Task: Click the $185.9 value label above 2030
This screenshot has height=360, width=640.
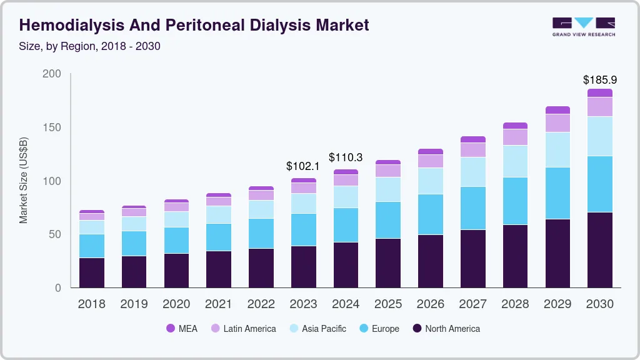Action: (599, 80)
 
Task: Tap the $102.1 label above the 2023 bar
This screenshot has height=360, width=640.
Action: (303, 166)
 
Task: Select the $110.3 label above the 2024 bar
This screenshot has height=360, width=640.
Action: (346, 157)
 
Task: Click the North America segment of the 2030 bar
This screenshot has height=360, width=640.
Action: (599, 250)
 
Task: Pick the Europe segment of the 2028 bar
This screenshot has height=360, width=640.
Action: (515, 201)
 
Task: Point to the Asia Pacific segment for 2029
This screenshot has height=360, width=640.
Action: (557, 149)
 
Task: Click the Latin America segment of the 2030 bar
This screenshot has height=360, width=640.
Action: (599, 107)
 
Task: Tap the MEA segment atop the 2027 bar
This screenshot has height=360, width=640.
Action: (472, 139)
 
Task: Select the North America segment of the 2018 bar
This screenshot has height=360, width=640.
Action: (92, 272)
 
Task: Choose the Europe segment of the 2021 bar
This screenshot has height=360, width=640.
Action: (219, 237)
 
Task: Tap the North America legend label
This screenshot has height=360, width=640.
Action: (452, 328)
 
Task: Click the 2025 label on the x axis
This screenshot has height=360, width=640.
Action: (388, 304)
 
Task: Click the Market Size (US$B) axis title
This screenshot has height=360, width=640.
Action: (24, 181)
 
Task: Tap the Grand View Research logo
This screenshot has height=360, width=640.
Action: (583, 26)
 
